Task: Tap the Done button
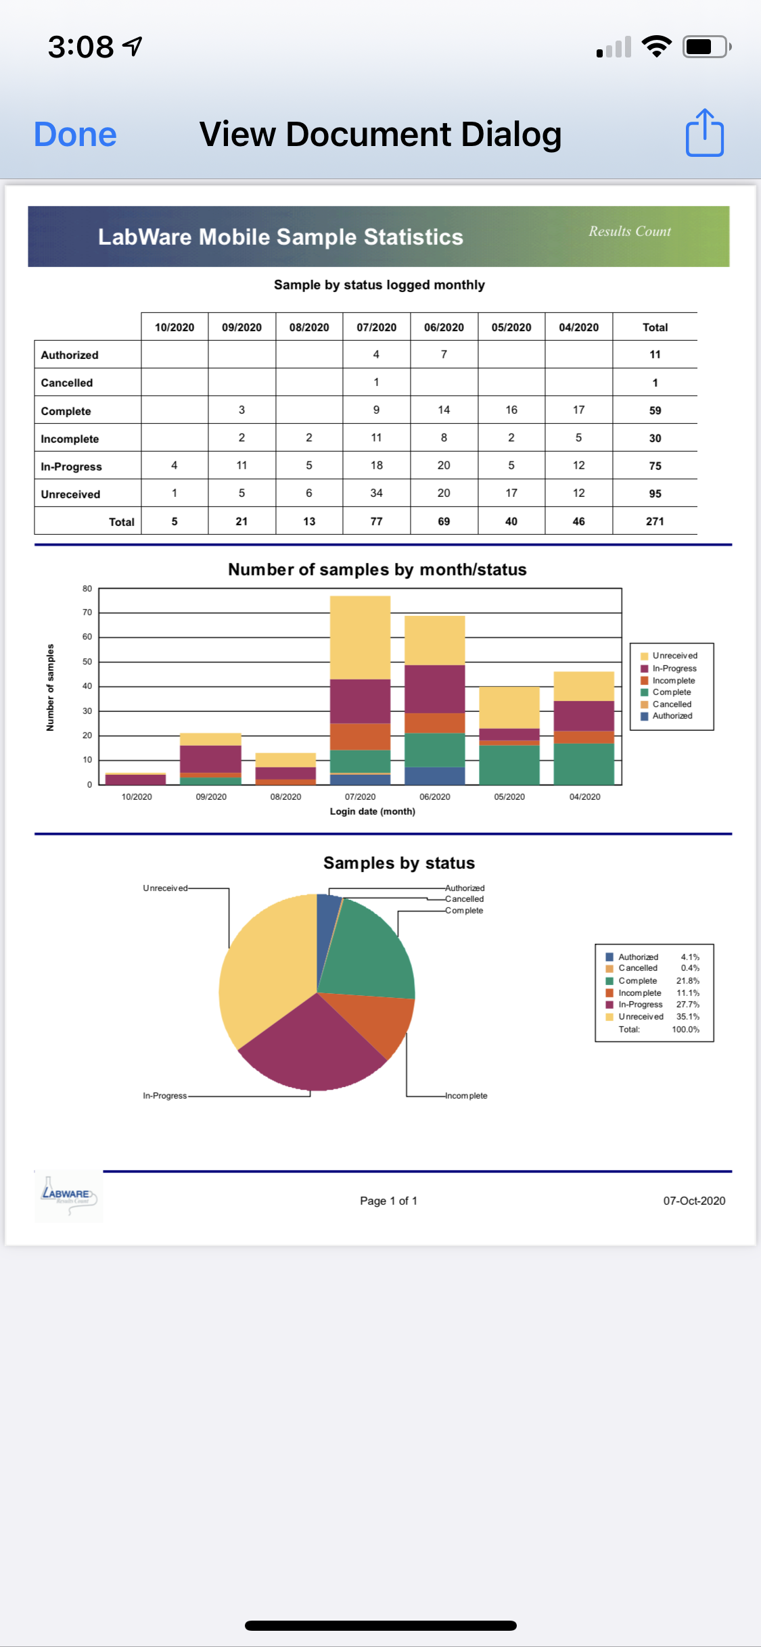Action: point(75,135)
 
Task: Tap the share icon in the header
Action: point(704,133)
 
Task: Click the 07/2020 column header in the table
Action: point(376,327)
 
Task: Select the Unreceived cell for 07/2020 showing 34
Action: point(376,493)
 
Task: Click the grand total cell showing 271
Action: point(654,521)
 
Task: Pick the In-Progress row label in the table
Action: point(71,467)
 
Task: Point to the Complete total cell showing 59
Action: point(654,410)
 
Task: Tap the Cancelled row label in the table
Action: point(66,383)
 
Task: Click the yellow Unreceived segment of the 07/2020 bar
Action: point(360,637)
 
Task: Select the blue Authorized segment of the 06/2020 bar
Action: point(434,775)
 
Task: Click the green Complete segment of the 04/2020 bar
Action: point(583,763)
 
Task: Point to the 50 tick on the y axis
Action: point(87,661)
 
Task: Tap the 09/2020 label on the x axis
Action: point(211,796)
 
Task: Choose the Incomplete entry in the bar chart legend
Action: point(673,680)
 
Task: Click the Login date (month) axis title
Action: point(372,811)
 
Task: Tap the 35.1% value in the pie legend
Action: point(687,1016)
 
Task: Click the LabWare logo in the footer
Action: point(68,1196)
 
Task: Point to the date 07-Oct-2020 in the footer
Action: point(693,1201)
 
